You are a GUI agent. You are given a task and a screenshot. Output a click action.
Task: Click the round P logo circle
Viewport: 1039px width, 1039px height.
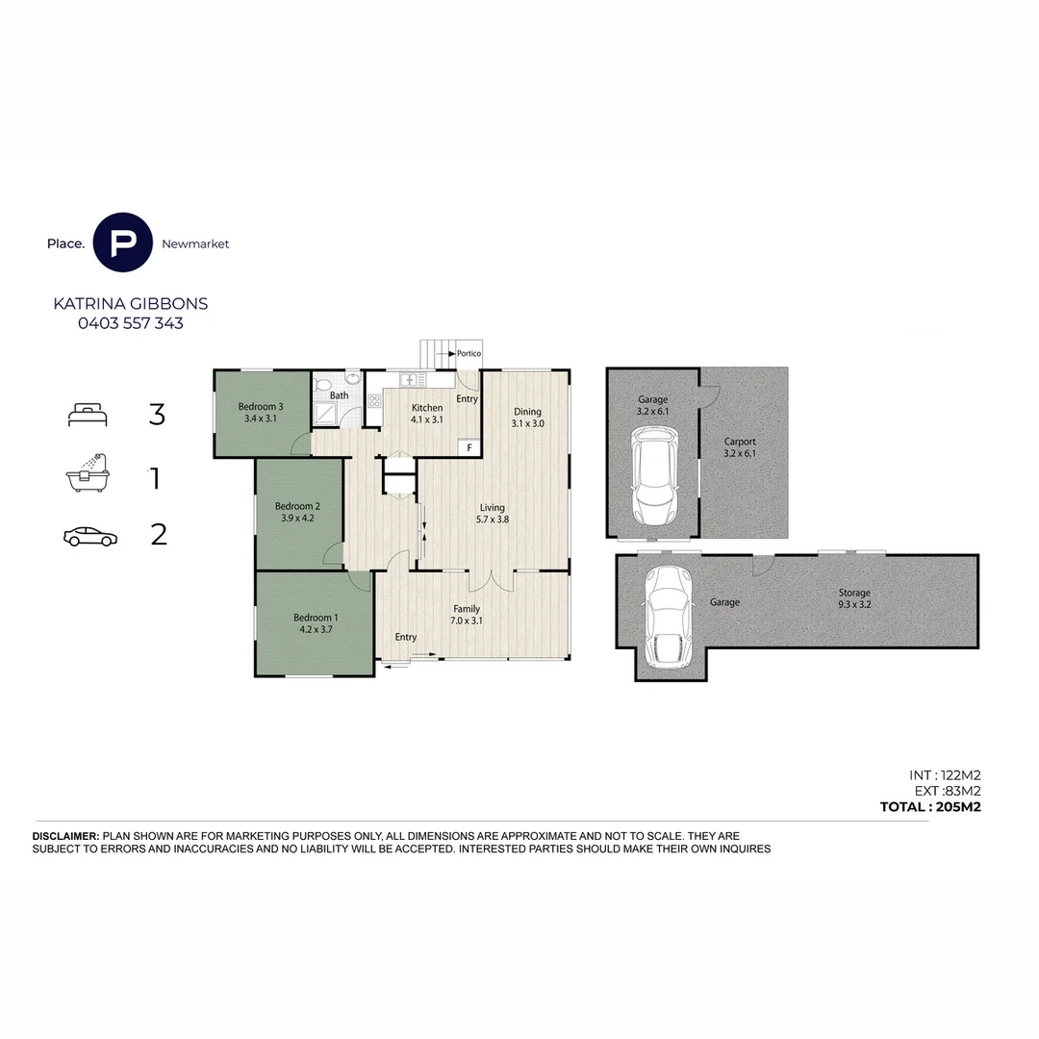122,242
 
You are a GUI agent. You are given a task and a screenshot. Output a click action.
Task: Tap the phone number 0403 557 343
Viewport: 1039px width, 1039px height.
131,323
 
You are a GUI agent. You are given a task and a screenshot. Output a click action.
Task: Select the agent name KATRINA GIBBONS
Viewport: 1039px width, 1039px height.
131,303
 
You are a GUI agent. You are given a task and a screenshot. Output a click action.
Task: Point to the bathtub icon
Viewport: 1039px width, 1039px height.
88,473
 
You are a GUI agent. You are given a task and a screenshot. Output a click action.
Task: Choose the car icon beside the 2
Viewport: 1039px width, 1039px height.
90,537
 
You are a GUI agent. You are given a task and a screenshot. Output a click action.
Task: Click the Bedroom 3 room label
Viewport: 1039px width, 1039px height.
261,406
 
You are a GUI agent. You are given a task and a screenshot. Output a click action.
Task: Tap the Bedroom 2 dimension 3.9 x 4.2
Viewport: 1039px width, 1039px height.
297,519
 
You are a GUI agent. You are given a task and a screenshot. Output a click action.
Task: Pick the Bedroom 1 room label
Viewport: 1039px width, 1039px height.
316,618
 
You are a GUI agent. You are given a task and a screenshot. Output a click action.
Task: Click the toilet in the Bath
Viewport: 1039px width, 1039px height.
322,385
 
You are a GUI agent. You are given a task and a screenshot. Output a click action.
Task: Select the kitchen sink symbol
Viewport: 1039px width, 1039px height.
412,380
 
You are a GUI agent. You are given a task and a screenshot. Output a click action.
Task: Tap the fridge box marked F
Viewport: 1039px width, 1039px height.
469,448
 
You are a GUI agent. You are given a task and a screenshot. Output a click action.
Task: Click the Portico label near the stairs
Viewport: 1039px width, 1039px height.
469,353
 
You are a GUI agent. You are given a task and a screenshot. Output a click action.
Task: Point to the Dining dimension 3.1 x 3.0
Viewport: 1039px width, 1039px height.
527,423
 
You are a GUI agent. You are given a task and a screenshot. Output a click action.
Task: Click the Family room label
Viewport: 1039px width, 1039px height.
467,609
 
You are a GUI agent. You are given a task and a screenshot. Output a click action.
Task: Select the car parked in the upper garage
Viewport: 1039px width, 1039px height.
654,475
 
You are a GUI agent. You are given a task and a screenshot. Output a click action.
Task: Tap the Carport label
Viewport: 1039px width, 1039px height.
740,442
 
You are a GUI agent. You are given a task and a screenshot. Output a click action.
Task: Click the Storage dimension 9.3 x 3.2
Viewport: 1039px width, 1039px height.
855,604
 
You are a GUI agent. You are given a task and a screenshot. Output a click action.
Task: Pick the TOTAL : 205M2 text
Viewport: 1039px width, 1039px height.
930,806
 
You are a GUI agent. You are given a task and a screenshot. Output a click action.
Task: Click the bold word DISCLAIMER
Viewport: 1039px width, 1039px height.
65,836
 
